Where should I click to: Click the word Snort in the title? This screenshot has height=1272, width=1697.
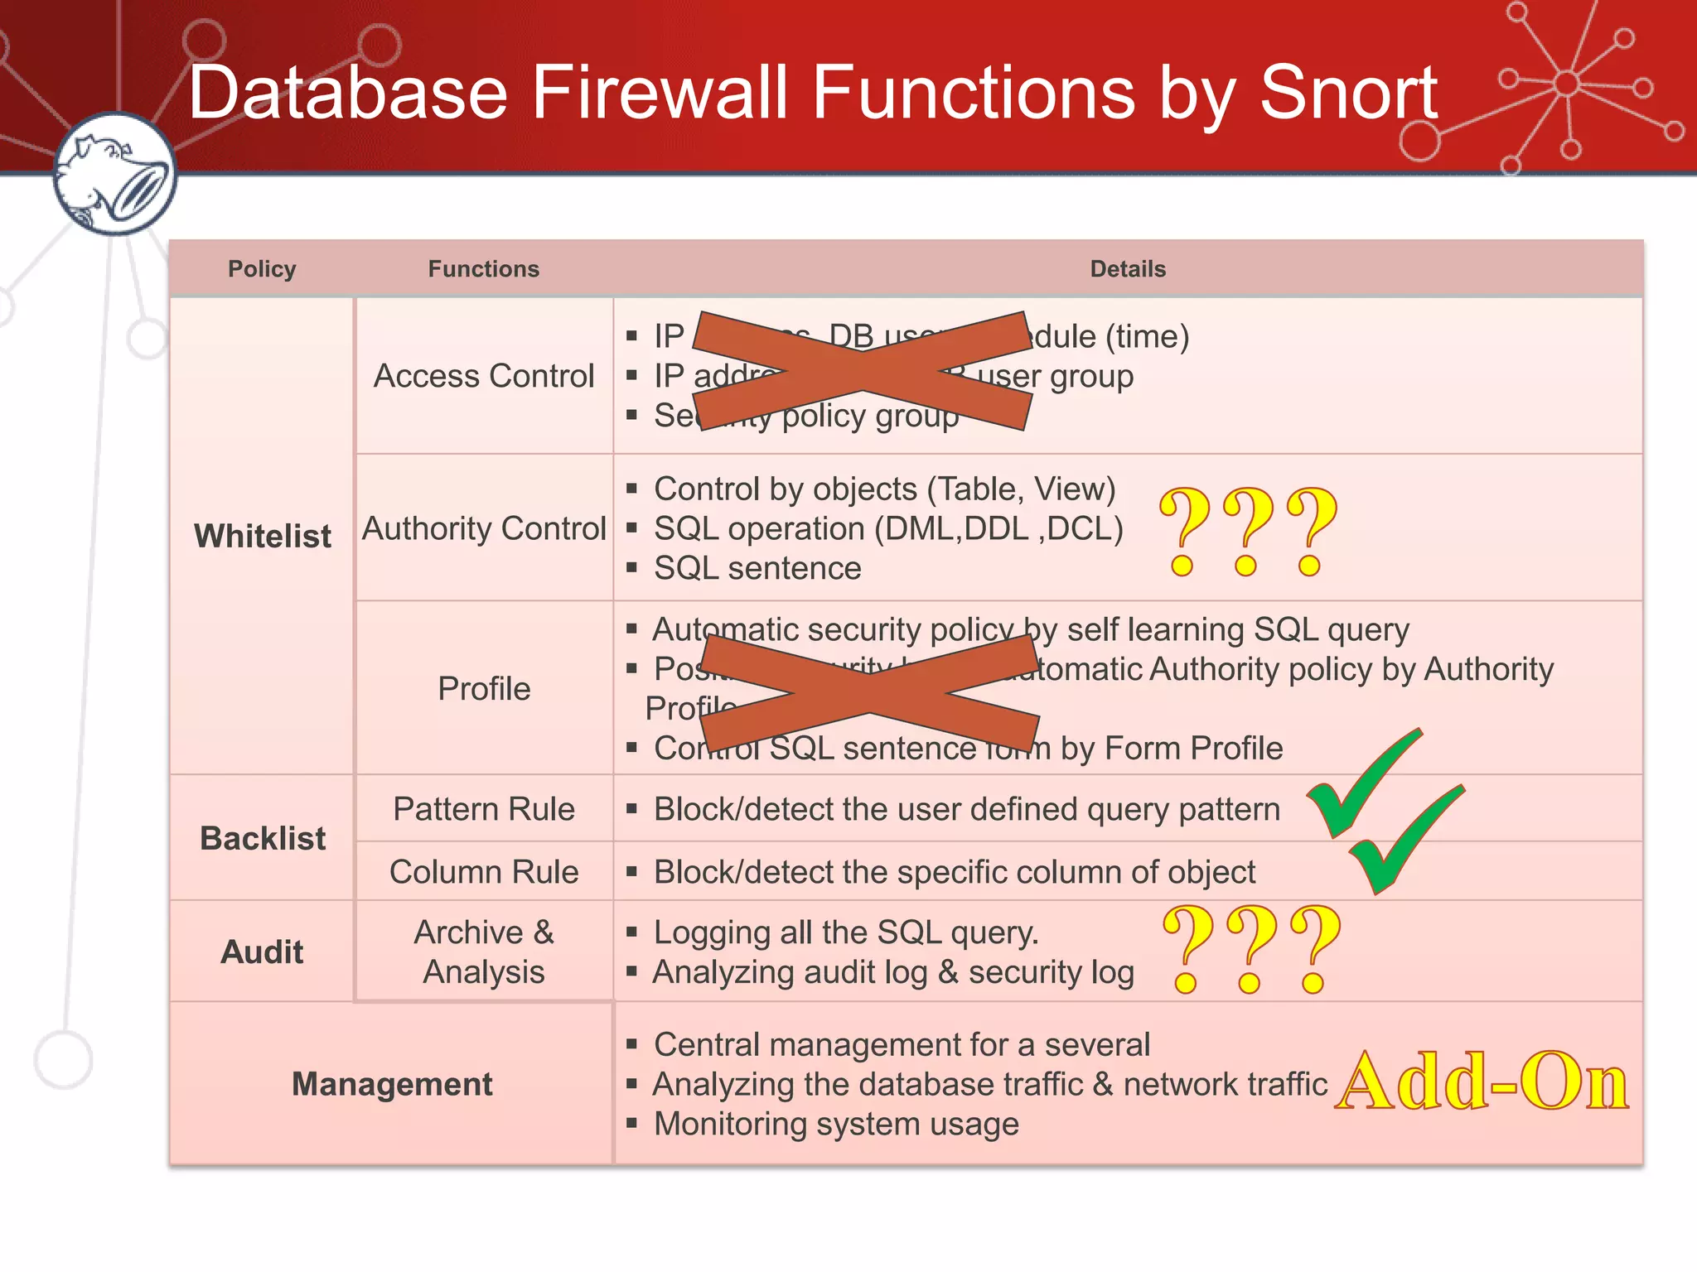[1348, 93]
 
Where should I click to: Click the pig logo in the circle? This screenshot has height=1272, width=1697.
[114, 174]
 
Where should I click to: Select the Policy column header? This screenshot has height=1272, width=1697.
[262, 269]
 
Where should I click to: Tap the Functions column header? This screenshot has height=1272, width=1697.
[483, 269]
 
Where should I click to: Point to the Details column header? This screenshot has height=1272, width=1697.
[1127, 269]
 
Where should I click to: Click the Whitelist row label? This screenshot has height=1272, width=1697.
[262, 536]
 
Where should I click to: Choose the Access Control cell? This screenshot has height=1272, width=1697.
[484, 376]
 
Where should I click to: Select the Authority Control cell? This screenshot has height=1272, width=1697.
[484, 528]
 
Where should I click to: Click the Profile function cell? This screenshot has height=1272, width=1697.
[484, 688]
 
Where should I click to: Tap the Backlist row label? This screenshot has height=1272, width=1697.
[262, 838]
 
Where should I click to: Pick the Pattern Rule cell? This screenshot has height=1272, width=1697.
[484, 809]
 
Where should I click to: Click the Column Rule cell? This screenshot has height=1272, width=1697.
[484, 872]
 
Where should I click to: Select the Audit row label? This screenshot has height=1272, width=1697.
[262, 952]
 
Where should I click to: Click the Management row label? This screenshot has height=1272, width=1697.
[392, 1084]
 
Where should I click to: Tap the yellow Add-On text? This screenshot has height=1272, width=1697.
[1482, 1082]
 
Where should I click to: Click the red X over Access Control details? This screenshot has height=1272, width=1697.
[862, 371]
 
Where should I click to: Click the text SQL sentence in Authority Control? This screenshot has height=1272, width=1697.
[757, 568]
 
